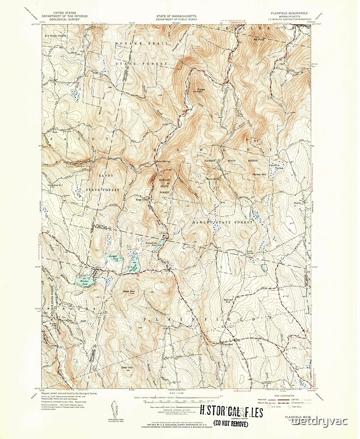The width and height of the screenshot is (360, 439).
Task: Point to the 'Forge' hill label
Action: tap(194, 86)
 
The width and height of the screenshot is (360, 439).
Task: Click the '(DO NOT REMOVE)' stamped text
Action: tap(230, 423)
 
